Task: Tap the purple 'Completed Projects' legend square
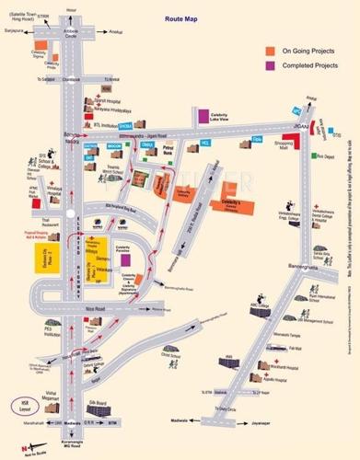(270, 67)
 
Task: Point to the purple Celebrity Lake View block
(202, 116)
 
